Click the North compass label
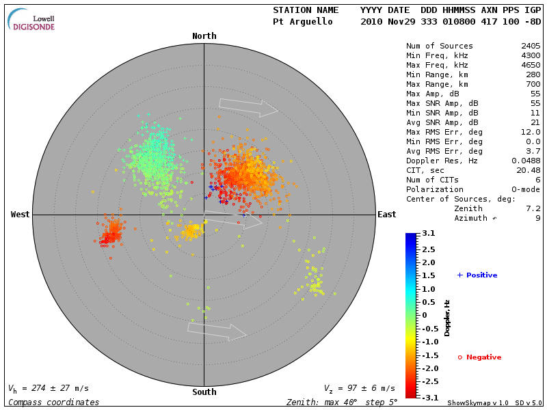[x=204, y=36]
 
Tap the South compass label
[x=204, y=392]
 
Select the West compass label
[x=20, y=215]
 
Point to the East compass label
[x=386, y=215]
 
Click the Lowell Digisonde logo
[x=32, y=19]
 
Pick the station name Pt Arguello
[x=303, y=22]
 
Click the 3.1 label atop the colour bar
[x=429, y=234]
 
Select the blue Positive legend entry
[x=478, y=275]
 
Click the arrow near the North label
[x=248, y=107]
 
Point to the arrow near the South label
[x=217, y=331]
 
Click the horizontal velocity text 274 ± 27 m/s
[x=49, y=389]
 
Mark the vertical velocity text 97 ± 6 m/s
[x=359, y=389]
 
